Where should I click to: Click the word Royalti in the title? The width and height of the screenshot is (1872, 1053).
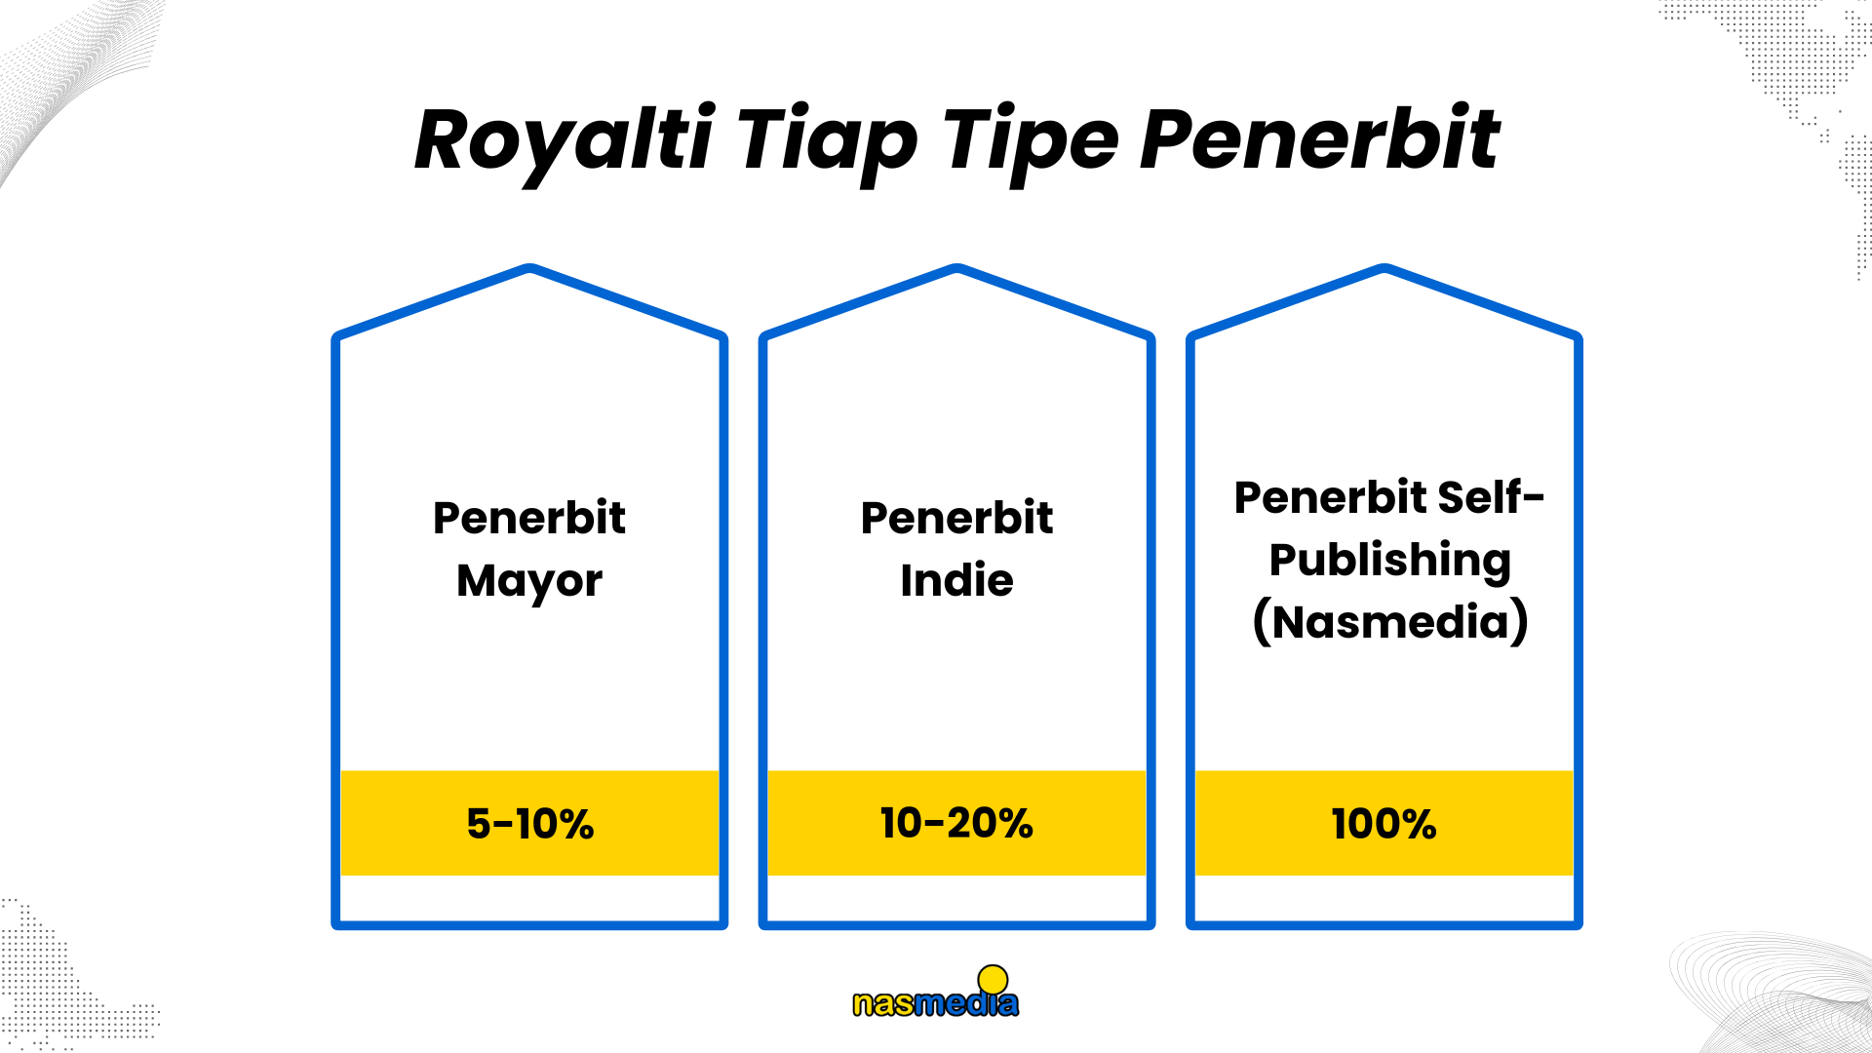pos(565,141)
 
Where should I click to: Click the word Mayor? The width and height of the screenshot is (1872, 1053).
pos(529,582)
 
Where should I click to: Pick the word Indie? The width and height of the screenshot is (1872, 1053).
pos(956,580)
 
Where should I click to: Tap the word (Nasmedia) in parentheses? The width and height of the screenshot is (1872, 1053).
pos(1390,622)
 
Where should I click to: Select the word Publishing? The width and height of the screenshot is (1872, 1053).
pos(1390,562)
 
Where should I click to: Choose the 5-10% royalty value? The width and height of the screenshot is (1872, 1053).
pos(529,824)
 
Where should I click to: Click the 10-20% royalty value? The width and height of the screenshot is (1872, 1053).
pos(956,823)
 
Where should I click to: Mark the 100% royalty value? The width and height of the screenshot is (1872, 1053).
pos(1384,824)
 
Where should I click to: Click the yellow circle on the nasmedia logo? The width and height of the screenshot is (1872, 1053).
pos(993,979)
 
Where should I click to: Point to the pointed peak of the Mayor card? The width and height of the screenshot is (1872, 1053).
pos(529,267)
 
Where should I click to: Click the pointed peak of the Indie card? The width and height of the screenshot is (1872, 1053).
pos(956,267)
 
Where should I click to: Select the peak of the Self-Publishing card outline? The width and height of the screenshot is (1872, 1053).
pos(1384,267)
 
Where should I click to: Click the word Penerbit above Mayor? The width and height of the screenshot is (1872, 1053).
pos(529,518)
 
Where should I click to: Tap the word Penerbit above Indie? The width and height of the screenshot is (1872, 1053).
pos(956,518)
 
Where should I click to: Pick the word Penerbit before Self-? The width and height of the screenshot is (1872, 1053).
pos(1330,497)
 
